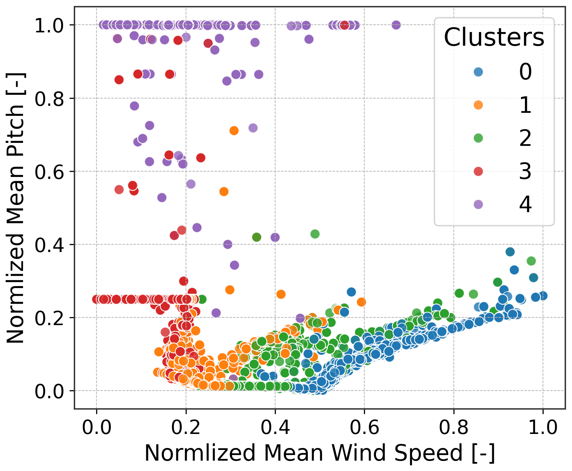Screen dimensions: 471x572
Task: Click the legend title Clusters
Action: pos(494,37)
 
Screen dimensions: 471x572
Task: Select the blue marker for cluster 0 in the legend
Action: pos(478,72)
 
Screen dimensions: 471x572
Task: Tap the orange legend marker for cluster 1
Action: pos(478,105)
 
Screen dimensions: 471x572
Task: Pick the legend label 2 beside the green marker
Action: pos(525,138)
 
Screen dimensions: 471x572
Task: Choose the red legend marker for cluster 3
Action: pos(478,171)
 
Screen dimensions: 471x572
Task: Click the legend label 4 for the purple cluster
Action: pos(525,204)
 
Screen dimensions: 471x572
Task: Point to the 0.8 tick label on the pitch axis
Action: pos(49,98)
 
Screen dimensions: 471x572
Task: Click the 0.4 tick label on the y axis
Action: pos(49,245)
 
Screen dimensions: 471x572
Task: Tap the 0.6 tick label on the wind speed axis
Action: pos(364,428)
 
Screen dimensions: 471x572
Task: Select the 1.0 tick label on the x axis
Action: pos(543,428)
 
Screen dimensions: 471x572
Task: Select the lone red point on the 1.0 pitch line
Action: pos(344,25)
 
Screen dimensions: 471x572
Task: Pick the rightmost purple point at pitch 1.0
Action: pos(396,25)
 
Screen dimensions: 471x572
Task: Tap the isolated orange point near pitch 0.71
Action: pos(234,131)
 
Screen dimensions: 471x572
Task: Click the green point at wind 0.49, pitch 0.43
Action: pos(315,234)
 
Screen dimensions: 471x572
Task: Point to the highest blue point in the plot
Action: pos(510,252)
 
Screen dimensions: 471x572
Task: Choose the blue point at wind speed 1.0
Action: pos(543,295)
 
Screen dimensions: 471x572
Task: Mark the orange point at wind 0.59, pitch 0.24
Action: pos(361,302)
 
